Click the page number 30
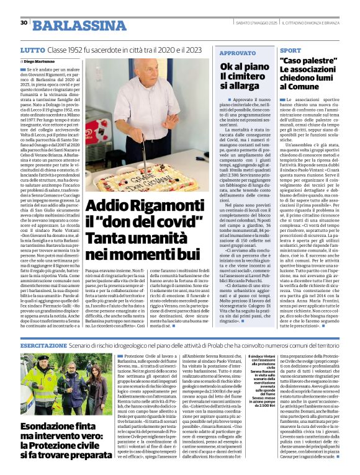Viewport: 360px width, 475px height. (x=24, y=23)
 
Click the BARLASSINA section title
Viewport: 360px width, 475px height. (x=73, y=25)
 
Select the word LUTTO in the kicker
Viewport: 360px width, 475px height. (x=32, y=49)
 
